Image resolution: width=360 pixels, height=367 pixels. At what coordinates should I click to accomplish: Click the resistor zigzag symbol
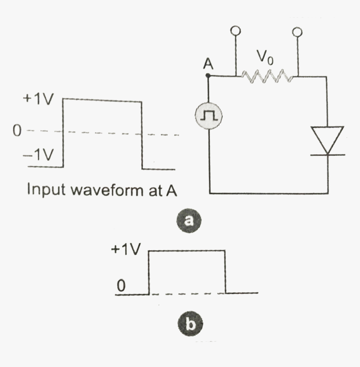(x=267, y=77)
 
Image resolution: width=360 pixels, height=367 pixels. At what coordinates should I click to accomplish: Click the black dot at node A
(x=208, y=76)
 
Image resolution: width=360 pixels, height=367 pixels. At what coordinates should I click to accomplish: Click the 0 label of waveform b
(x=121, y=286)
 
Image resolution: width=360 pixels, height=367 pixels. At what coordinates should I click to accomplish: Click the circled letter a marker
(x=188, y=220)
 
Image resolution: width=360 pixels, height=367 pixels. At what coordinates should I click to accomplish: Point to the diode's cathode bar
(x=327, y=155)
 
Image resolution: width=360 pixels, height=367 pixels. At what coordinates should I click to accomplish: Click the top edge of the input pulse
(x=102, y=100)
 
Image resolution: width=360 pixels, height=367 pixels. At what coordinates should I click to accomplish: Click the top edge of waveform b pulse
(x=187, y=251)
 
